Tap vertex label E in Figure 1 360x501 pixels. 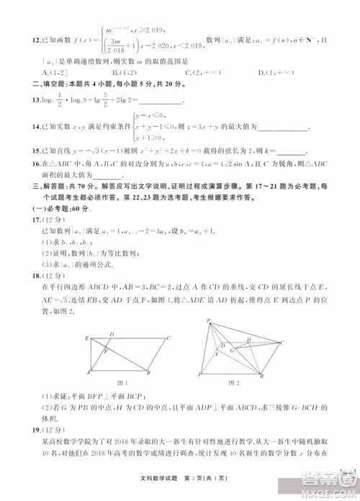87,337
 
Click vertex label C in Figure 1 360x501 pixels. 168,337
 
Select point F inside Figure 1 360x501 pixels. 107,352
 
